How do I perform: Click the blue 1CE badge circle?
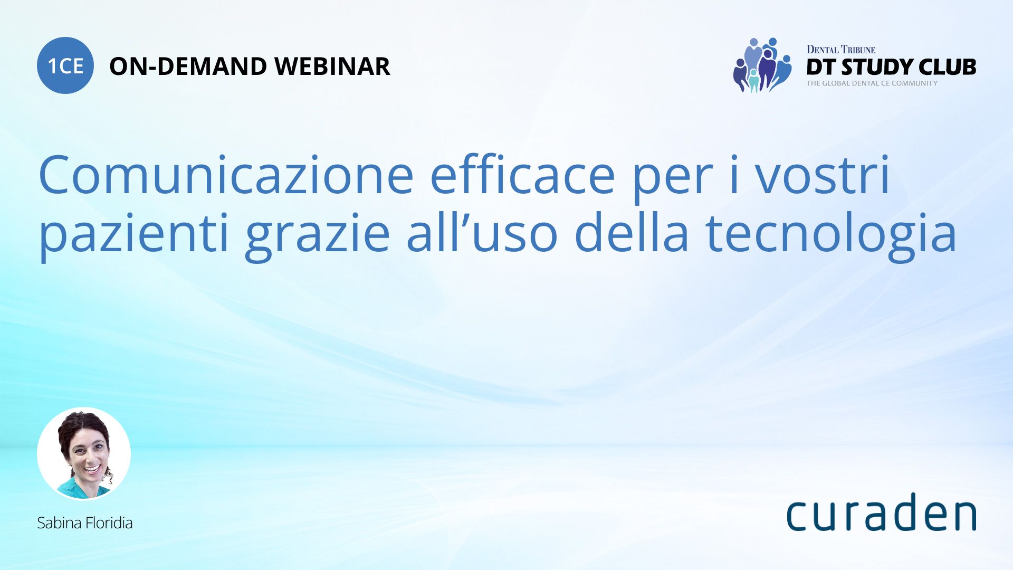pyautogui.click(x=65, y=65)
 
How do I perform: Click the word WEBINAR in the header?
pyautogui.click(x=332, y=66)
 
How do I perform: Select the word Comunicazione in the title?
pyautogui.click(x=226, y=175)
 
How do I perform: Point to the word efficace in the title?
pyautogui.click(x=523, y=175)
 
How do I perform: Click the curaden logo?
pyautogui.click(x=881, y=512)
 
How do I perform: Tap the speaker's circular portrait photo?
pyautogui.click(x=84, y=453)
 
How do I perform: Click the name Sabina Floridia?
pyautogui.click(x=84, y=523)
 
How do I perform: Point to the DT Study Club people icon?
pyautogui.click(x=762, y=65)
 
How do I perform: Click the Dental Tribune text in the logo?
pyautogui.click(x=841, y=50)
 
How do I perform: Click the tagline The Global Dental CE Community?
pyautogui.click(x=872, y=83)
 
